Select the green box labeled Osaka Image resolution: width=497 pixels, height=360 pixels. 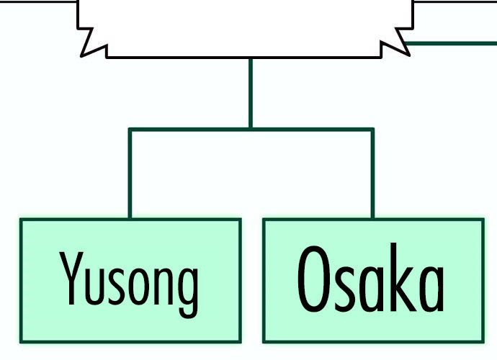coord(372,324)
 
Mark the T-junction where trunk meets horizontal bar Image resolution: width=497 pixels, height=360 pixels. coord(251,130)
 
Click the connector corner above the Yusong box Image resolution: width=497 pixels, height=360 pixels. coord(130,130)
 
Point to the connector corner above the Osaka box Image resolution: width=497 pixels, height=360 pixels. coord(372,130)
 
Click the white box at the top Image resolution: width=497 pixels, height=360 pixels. coord(245,25)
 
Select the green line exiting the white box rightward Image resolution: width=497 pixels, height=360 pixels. coord(454,43)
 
